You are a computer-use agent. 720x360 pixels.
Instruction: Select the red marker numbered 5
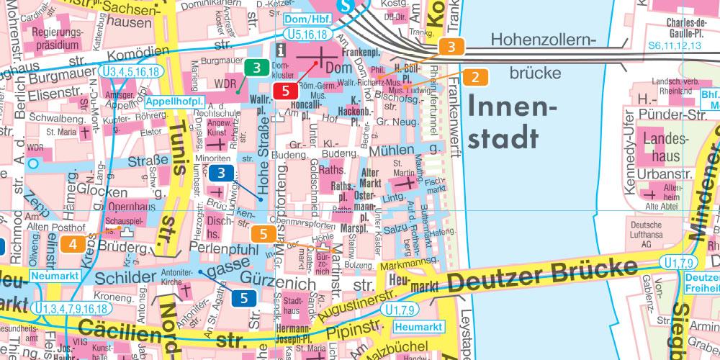click(x=286, y=91)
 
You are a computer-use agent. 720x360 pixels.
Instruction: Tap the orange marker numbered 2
click(x=475, y=76)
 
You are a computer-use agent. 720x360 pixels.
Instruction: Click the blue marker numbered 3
click(x=222, y=173)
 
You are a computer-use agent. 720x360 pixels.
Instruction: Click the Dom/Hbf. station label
click(x=305, y=19)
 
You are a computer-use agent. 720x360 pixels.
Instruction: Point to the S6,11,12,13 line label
click(x=674, y=45)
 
